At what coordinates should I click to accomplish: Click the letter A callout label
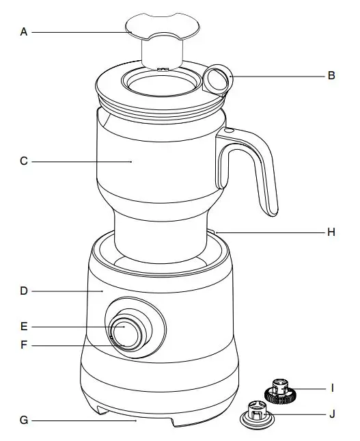[25, 31]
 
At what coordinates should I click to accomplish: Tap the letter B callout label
[331, 76]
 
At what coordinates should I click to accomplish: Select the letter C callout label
[24, 161]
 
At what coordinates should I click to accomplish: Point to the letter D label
[24, 291]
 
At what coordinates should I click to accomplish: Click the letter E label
[24, 326]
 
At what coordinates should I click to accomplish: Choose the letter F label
[24, 346]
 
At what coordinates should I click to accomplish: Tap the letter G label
[24, 420]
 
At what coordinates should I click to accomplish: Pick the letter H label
[331, 232]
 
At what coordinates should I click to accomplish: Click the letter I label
[332, 388]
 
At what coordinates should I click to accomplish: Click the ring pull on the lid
[217, 79]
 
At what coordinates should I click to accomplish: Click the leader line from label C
[82, 161]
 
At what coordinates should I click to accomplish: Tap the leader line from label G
[82, 420]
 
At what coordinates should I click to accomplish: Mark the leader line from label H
[273, 232]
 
